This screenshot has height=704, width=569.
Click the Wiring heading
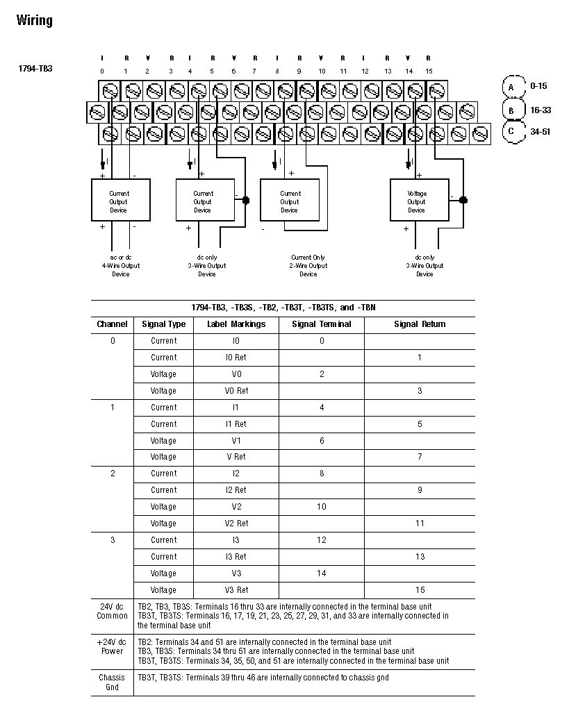34,20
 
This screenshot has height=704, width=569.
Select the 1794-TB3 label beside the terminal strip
35,69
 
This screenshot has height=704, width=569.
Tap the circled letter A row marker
512,87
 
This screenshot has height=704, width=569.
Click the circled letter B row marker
512,110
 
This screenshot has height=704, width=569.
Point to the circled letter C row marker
512,131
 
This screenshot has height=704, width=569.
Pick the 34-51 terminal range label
540,131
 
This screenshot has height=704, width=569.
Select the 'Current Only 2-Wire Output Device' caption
308,265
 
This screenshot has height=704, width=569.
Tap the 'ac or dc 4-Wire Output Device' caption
120,265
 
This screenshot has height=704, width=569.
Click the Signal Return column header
420,324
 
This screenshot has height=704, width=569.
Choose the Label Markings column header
236,324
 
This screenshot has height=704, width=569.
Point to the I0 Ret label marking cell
236,358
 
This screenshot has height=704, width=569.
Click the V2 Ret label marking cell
236,523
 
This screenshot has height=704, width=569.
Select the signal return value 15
420,590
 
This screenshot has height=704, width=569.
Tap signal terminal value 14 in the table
322,573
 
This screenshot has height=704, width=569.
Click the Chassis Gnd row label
112,682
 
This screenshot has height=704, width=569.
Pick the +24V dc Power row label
112,646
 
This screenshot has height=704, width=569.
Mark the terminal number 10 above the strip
322,71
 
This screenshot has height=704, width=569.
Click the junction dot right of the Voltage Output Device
463,200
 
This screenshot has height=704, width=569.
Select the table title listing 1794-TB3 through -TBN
283,308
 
